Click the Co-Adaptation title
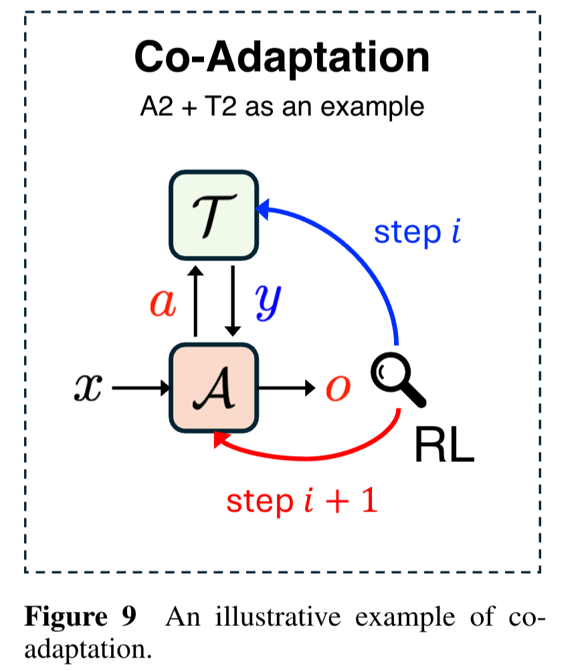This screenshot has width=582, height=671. (x=282, y=58)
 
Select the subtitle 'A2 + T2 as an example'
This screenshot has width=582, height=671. (x=282, y=106)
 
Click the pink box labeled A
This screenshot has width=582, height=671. (x=213, y=388)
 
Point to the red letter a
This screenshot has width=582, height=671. (x=163, y=303)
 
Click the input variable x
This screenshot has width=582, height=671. (x=89, y=388)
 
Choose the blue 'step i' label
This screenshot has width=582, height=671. (x=417, y=232)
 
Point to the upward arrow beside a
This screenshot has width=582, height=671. (x=195, y=301)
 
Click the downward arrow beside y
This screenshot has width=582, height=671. (x=232, y=301)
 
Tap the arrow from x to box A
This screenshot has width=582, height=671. (x=140, y=388)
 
